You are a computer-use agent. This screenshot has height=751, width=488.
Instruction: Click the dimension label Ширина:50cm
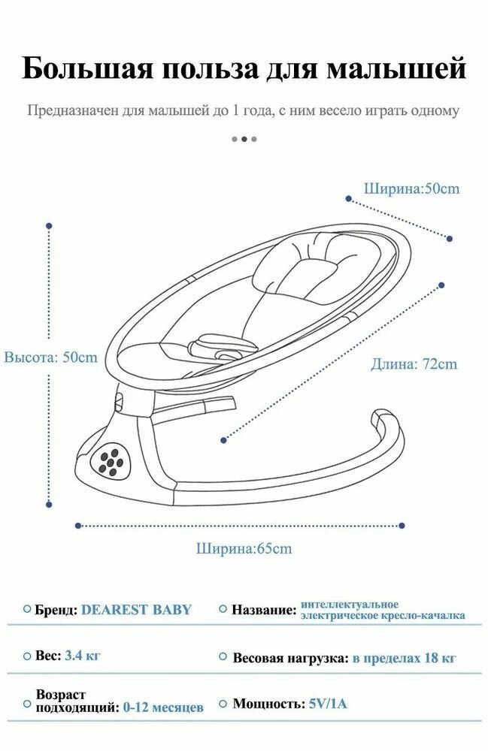click(411, 189)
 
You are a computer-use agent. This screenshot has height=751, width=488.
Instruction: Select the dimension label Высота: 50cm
click(51, 357)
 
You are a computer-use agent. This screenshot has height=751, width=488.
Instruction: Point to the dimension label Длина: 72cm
click(414, 364)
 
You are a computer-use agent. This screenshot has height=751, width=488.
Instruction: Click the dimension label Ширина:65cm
click(244, 549)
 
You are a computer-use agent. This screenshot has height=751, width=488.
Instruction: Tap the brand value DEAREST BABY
click(136, 610)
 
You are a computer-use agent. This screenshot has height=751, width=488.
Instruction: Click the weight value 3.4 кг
click(83, 656)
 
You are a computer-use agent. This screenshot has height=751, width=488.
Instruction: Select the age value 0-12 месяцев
click(164, 707)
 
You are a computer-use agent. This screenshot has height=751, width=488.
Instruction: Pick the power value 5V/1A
click(328, 704)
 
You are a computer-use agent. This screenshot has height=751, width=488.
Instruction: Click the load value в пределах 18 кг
click(405, 659)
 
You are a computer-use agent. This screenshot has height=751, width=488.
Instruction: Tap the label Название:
click(264, 610)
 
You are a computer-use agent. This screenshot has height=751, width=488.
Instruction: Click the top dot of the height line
click(50, 225)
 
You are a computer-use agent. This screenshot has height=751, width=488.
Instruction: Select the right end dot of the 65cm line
click(402, 526)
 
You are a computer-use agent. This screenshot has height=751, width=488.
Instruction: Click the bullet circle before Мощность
click(223, 704)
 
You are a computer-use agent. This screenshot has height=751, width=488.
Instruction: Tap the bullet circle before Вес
click(27, 656)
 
